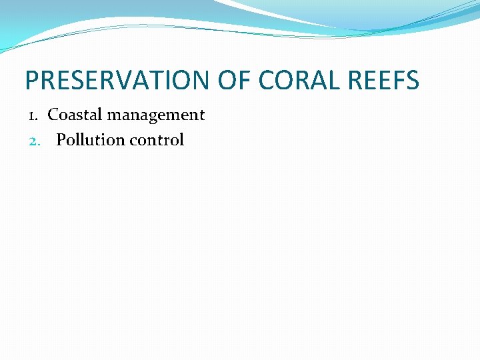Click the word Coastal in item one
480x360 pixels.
click(74, 115)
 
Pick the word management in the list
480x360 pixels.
click(155, 115)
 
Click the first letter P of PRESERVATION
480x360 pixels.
click(31, 79)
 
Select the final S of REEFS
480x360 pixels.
click(413, 79)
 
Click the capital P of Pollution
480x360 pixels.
click(61, 140)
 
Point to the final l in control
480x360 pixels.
click(181, 139)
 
